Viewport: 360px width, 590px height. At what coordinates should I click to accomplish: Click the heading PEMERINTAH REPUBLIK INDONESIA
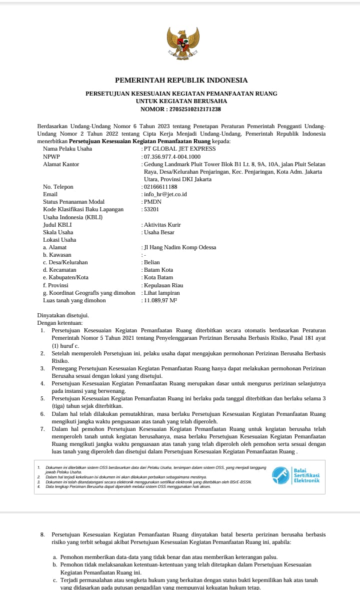[x=181, y=80]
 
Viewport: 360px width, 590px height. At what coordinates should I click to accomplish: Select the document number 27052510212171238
[x=195, y=109]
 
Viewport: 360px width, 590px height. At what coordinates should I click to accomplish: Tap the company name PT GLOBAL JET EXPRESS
[x=180, y=149]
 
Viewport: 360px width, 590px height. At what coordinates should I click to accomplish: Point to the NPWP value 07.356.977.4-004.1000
[x=172, y=157]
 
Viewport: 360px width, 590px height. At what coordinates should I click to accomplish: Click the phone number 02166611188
[x=161, y=187]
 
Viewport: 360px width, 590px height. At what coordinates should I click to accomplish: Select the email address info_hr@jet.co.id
[x=165, y=194]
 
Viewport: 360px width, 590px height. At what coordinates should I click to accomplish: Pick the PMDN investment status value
[x=153, y=202]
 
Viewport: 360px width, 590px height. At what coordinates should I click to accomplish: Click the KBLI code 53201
[x=152, y=209]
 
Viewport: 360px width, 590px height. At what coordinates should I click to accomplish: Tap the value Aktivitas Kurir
[x=162, y=225]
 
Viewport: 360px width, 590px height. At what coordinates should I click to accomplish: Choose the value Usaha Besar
[x=158, y=232]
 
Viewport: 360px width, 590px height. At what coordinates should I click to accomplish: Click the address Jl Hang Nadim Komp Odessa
[x=180, y=247]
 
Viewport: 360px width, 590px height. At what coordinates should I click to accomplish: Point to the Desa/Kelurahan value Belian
[x=152, y=262]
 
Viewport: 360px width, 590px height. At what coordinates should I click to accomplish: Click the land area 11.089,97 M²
[x=161, y=301]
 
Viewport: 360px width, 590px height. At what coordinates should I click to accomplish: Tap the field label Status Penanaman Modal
[x=74, y=202]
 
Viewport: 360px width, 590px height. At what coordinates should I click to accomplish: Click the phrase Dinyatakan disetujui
[x=63, y=315]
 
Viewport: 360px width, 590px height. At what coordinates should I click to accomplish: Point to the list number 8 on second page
[x=42, y=534]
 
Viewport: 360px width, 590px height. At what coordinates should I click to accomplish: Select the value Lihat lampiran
[x=162, y=293]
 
